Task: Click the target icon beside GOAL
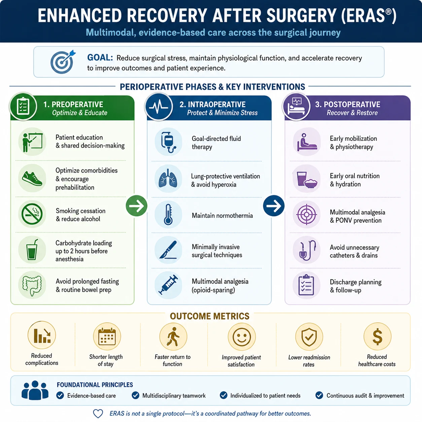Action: coord(62,62)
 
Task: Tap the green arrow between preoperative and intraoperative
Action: coord(136,206)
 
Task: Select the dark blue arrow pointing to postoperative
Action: coord(274,206)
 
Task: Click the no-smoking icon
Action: coord(32,214)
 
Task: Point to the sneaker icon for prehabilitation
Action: coord(32,178)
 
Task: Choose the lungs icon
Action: coord(168,178)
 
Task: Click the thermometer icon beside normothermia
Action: coord(168,215)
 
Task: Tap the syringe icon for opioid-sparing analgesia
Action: coord(168,285)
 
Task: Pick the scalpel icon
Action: coord(168,250)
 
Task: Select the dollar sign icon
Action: coord(377,337)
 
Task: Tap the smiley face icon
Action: coord(242,337)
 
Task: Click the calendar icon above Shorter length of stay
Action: coord(107,337)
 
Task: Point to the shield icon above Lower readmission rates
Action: coord(309,337)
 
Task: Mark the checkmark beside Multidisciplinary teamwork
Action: coord(135,395)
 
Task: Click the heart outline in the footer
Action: coord(98,414)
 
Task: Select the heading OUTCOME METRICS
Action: coord(210,316)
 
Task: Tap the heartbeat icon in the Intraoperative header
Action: coord(159,107)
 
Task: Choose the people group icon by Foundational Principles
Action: coord(35,390)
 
